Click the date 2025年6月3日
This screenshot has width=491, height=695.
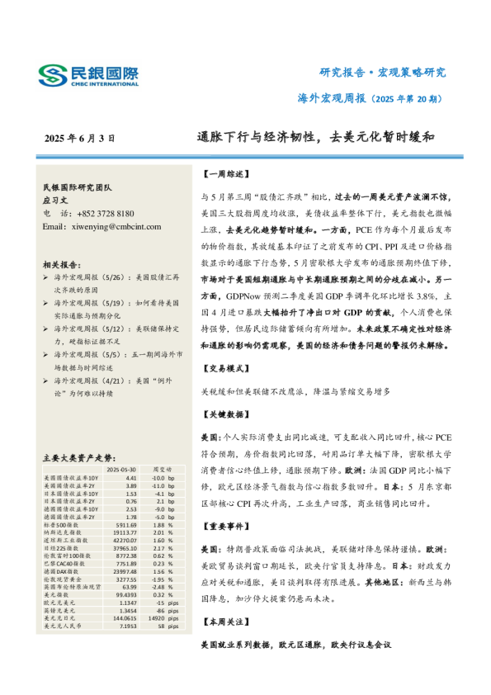(x=79, y=139)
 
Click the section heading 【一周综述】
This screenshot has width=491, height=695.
(x=223, y=175)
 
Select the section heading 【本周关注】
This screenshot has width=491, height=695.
(x=223, y=622)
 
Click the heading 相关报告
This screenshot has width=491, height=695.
(x=59, y=287)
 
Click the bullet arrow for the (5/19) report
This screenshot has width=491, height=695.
(x=45, y=327)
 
